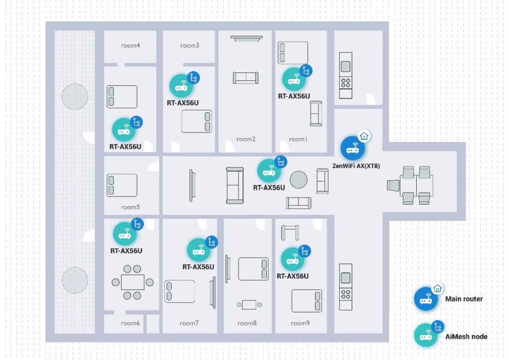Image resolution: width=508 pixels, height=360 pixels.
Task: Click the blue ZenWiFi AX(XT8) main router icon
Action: pyautogui.click(x=353, y=148)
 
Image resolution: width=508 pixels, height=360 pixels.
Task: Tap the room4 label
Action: pyautogui.click(x=130, y=46)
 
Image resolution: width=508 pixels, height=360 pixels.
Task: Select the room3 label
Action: pyautogui.click(x=190, y=46)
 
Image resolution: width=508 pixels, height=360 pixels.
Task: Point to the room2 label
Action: pyautogui.click(x=246, y=139)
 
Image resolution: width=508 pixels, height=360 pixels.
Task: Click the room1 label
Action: pyautogui.click(x=298, y=139)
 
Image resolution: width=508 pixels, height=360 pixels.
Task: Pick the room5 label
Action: pyautogui.click(x=130, y=207)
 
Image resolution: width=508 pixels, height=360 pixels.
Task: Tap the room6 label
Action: pyautogui.click(x=130, y=323)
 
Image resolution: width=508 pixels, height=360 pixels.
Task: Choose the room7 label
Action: pyautogui.click(x=189, y=323)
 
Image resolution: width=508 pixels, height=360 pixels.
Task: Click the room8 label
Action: pyautogui.click(x=247, y=323)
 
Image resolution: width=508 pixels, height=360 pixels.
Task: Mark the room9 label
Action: pyautogui.click(x=300, y=323)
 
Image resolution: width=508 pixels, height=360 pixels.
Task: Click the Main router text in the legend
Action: pyautogui.click(x=464, y=299)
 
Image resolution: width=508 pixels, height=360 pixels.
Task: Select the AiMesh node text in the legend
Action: pyautogui.click(x=466, y=337)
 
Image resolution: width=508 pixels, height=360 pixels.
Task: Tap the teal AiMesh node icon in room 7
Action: pyautogui.click(x=198, y=250)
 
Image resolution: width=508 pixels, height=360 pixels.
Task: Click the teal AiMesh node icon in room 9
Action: pyautogui.click(x=293, y=259)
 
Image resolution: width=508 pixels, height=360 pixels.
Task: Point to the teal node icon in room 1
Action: pyautogui.click(x=294, y=79)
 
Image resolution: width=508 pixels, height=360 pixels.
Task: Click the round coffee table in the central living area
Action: pyautogui.click(x=298, y=180)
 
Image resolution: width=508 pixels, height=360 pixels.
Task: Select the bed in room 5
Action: pyautogui.click(x=122, y=185)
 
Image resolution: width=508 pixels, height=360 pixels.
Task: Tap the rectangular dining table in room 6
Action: pyautogui.click(x=132, y=282)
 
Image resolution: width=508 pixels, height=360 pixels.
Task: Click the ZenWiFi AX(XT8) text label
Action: pyautogui.click(x=356, y=166)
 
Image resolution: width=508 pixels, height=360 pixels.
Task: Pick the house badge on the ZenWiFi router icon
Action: pyautogui.click(x=364, y=136)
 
